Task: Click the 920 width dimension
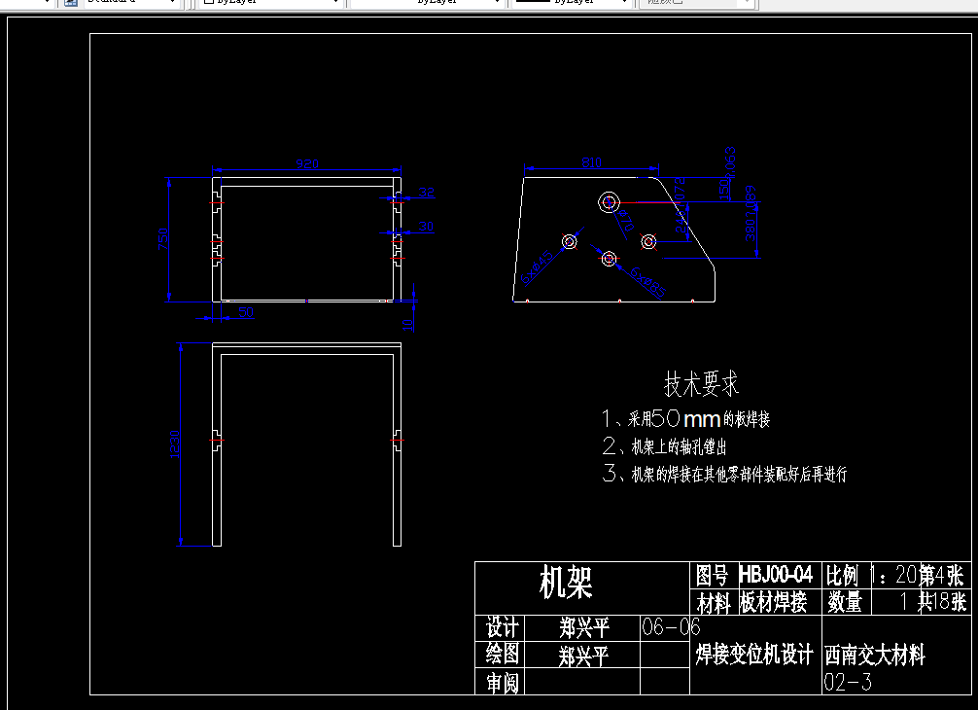click(x=306, y=164)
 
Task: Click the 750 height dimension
click(x=164, y=238)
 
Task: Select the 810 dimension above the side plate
click(x=591, y=161)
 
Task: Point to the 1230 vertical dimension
click(x=175, y=444)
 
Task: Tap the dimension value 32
click(x=426, y=192)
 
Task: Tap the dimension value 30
click(x=426, y=227)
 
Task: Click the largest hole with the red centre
click(x=610, y=202)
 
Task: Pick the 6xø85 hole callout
click(x=647, y=283)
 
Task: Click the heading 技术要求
click(x=701, y=384)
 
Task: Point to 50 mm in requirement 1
click(x=685, y=419)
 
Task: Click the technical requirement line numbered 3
click(x=724, y=475)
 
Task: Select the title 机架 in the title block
click(x=566, y=584)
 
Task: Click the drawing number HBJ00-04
click(x=775, y=575)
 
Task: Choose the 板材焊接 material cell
click(x=773, y=603)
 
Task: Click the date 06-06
click(x=671, y=627)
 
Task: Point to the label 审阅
click(x=502, y=683)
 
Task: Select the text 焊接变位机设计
click(x=754, y=655)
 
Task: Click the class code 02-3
click(x=848, y=682)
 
